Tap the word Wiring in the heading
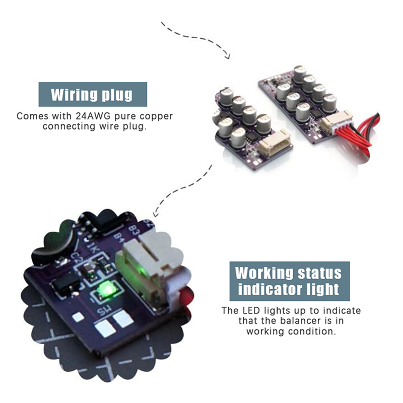[73, 95]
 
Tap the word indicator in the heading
[270, 289]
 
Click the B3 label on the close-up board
[133, 230]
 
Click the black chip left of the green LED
[65, 285]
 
